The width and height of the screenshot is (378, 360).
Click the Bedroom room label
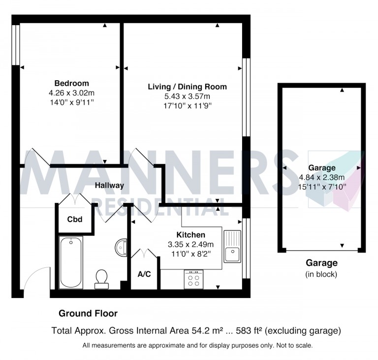pyautogui.click(x=72, y=83)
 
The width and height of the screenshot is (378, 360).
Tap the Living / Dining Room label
pyautogui.click(x=188, y=87)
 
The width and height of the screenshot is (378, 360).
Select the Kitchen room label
pyautogui.click(x=191, y=234)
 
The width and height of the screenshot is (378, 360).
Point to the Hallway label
pyautogui.click(x=110, y=185)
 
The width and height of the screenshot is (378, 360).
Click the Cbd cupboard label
pyautogui.click(x=75, y=219)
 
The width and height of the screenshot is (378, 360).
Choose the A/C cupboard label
pyautogui.click(x=144, y=274)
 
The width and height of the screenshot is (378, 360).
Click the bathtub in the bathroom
pyautogui.click(x=71, y=262)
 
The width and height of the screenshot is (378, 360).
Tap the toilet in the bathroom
pyautogui.click(x=102, y=278)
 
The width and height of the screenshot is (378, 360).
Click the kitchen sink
pyautogui.click(x=232, y=248)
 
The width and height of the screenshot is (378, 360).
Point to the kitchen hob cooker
pyautogui.click(x=193, y=280)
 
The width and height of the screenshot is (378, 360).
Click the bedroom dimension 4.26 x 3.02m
pyautogui.click(x=72, y=93)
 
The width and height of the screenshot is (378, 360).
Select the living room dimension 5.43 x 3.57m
pyautogui.click(x=188, y=96)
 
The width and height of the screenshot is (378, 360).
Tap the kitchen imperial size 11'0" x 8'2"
pyautogui.click(x=191, y=254)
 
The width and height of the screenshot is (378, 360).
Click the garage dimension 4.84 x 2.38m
pyautogui.click(x=322, y=177)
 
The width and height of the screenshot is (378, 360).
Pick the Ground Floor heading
pyautogui.click(x=88, y=313)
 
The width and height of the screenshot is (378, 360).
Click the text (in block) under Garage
pyautogui.click(x=322, y=274)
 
